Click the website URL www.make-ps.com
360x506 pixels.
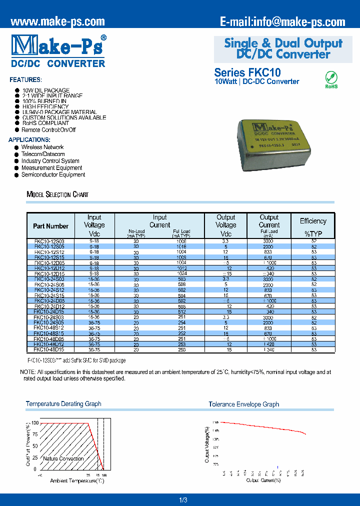[57, 21]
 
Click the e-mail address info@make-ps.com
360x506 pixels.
[282, 21]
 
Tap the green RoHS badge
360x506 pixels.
[331, 79]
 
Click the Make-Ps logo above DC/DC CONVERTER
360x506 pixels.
[58, 45]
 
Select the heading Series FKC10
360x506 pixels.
[247, 72]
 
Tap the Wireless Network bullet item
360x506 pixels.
[42, 147]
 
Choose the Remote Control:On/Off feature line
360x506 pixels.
[48, 130]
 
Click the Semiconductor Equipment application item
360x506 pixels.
[53, 175]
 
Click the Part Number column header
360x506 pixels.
[50, 226]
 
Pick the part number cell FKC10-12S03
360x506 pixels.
[49, 241]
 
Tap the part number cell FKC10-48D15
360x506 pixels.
[49, 350]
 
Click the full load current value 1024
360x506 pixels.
[181, 274]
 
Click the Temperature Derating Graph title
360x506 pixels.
[63, 404]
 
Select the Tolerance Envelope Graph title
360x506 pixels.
[243, 404]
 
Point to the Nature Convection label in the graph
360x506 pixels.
[63, 458]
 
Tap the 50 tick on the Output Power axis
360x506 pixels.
[35, 446]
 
